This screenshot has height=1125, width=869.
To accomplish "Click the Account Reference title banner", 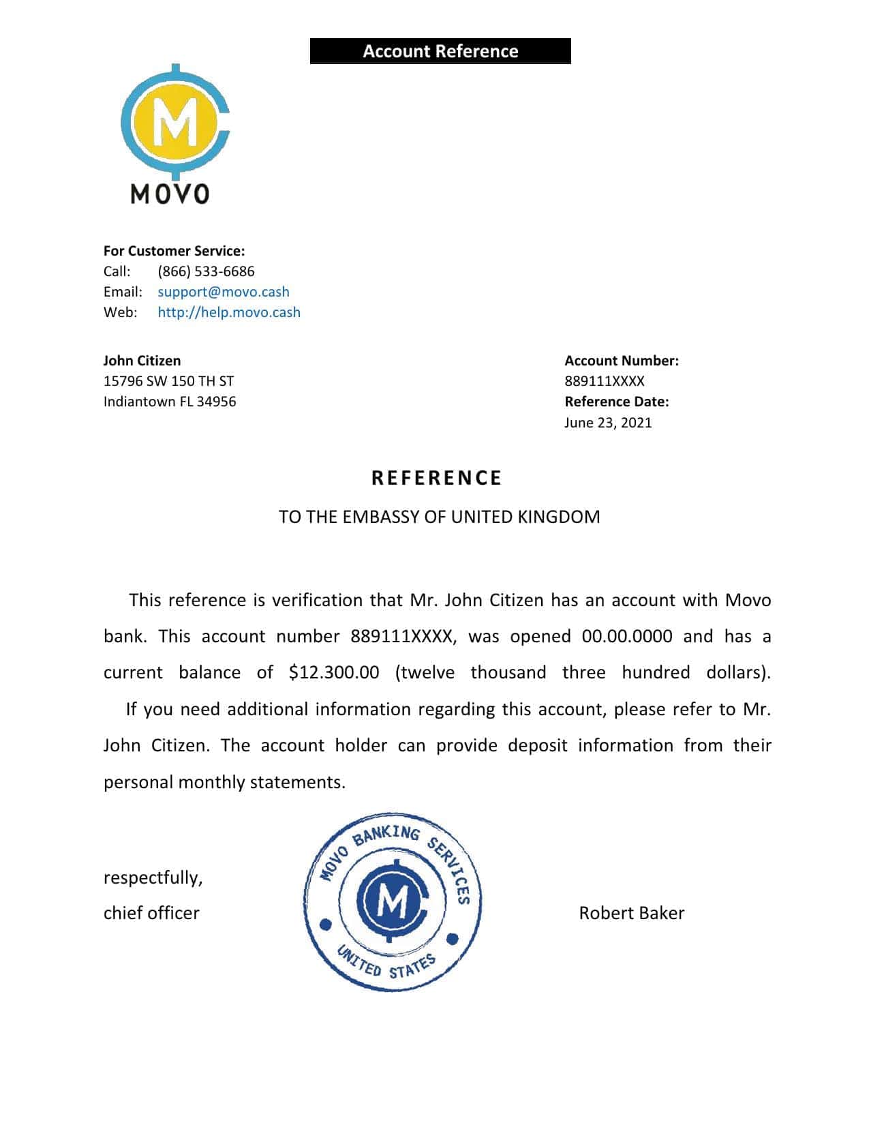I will click(x=440, y=51).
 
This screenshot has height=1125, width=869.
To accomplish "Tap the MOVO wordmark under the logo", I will click(x=170, y=194).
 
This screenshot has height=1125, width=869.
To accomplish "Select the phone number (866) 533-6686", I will click(x=206, y=271).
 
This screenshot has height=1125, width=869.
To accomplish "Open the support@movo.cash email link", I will click(x=224, y=292).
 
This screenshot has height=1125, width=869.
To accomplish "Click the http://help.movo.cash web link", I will click(x=229, y=312).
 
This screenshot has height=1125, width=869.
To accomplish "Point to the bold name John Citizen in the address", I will click(x=142, y=361).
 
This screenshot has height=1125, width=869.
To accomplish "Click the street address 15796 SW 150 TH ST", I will click(x=168, y=381).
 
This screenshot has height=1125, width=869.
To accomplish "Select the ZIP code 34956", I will click(x=216, y=402).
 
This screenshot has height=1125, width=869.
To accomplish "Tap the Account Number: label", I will click(x=622, y=361).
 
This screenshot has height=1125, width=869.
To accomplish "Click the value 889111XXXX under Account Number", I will click(x=604, y=381).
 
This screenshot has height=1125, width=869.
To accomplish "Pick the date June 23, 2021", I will click(x=608, y=423).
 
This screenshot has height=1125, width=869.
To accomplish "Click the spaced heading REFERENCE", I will click(x=436, y=478).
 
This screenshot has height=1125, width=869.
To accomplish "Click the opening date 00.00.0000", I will click(x=627, y=636).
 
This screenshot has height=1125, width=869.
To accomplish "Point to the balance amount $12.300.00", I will click(x=334, y=672).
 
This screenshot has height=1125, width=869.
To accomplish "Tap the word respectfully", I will click(x=153, y=877).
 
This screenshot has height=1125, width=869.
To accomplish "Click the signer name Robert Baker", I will click(x=631, y=913).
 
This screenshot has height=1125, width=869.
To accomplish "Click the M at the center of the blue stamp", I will click(x=391, y=903).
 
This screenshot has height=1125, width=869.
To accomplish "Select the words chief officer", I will click(x=151, y=913).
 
